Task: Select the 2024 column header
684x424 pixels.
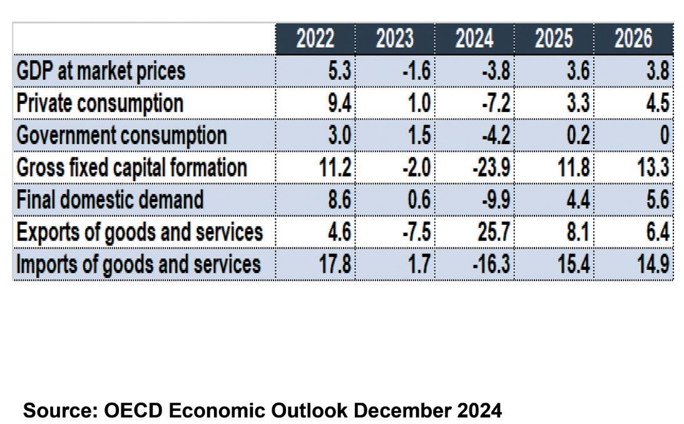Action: pos(474,39)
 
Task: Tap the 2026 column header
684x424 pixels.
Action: pos(633,39)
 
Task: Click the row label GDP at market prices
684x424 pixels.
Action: pos(101,71)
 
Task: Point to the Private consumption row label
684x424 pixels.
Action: pos(100,103)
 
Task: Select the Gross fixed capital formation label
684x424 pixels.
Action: pos(131,167)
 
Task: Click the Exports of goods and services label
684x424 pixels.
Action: pos(139,232)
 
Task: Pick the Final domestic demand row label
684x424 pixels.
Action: pos(110,200)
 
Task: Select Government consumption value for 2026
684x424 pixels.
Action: pos(665,135)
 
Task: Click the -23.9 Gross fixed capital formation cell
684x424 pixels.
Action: pos(492,167)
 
